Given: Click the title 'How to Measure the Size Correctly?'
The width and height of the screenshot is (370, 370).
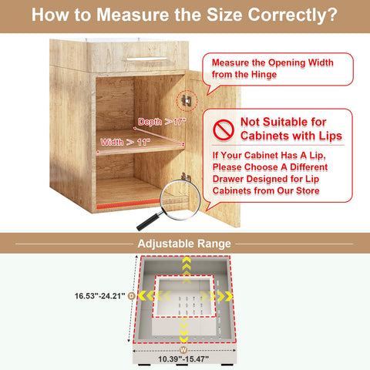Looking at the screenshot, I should (x=185, y=15).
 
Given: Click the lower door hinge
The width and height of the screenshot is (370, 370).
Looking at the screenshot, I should (x=185, y=177).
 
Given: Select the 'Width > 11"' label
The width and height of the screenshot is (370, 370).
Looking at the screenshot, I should (x=125, y=142).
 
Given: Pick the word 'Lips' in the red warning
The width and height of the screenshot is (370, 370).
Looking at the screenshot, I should (x=325, y=136).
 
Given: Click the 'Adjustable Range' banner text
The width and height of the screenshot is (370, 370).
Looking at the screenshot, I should (x=184, y=244).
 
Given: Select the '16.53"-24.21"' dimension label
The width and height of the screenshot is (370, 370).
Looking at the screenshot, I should (x=99, y=294).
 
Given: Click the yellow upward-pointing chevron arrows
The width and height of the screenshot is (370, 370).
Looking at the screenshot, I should (x=185, y=266).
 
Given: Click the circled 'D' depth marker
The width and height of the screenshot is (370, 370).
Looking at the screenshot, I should (x=131, y=295).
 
